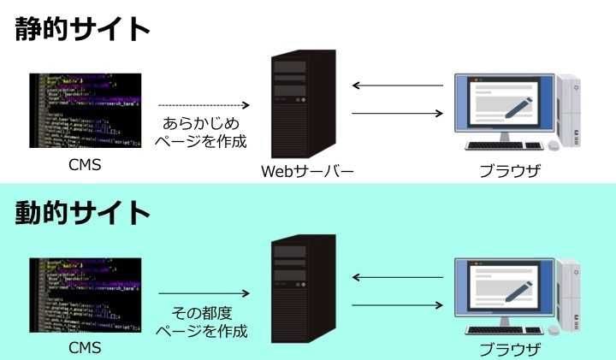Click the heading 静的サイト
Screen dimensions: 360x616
pos(82,29)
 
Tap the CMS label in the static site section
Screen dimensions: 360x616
pos(84,165)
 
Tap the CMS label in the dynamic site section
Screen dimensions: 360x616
pos(84,347)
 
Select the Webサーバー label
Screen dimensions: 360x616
pos(307,172)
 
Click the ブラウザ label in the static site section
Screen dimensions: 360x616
pos(510,171)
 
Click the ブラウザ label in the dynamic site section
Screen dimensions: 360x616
pos(510,349)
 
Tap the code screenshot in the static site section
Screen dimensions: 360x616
pos(84,110)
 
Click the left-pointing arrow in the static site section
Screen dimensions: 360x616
pos(399,86)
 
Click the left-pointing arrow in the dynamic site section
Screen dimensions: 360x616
pos(399,277)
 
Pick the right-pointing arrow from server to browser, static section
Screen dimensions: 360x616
pos(399,114)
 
